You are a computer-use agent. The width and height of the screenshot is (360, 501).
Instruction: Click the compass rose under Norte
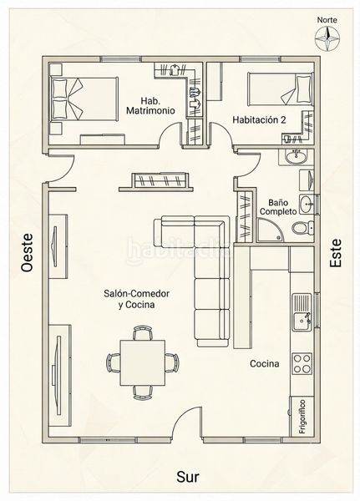tap(327, 38)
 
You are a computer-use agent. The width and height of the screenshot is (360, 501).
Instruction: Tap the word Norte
tap(327, 20)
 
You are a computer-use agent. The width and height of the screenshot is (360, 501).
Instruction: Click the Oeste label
tap(28, 252)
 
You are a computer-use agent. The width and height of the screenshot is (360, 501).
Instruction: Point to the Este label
tap(336, 253)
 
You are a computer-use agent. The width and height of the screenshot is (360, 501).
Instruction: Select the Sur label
tap(188, 477)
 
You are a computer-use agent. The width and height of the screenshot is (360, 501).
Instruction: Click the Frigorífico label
tap(302, 417)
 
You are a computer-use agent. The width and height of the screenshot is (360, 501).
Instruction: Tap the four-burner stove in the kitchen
tap(302, 363)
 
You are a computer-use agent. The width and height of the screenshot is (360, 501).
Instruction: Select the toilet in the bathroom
tap(302, 228)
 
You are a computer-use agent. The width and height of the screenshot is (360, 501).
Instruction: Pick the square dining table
tap(143, 362)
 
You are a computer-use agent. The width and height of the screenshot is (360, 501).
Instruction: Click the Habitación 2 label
tap(259, 119)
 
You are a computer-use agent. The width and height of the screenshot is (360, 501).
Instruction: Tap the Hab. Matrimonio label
tap(150, 106)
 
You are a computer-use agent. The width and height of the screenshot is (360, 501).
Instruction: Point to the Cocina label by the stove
tap(265, 363)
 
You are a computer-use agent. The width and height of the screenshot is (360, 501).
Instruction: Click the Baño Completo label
tap(278, 207)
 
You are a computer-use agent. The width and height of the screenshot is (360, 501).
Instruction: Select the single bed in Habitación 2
tap(280, 89)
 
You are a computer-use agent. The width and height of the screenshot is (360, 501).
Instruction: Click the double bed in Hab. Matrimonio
tap(84, 99)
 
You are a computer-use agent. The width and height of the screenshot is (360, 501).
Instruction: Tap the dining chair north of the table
tap(143, 332)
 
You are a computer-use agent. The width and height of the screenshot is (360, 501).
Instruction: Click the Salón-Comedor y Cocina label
tap(136, 299)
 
